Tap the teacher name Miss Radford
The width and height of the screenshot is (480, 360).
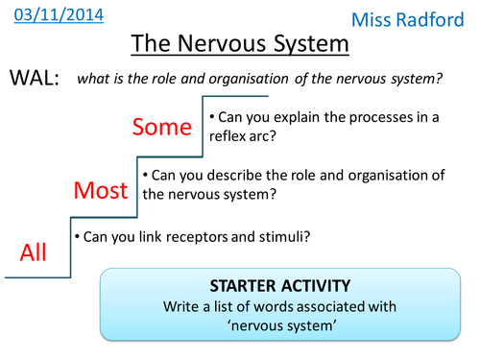click(x=420, y=19)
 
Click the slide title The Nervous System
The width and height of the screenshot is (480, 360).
click(x=239, y=44)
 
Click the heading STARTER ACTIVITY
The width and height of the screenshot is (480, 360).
click(x=282, y=287)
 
